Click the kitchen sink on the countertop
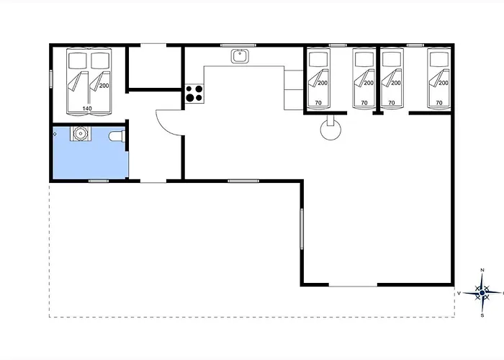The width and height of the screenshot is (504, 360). pyautogui.click(x=240, y=56)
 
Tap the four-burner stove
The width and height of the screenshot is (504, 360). pyautogui.click(x=194, y=94)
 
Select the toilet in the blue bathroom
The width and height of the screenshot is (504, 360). pyautogui.click(x=117, y=136)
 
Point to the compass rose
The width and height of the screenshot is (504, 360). pyautogui.click(x=482, y=293)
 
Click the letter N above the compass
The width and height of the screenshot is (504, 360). pyautogui.click(x=482, y=270)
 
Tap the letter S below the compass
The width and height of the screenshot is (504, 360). pyautogui.click(x=482, y=315)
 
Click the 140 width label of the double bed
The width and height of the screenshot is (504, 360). pyautogui.click(x=87, y=109)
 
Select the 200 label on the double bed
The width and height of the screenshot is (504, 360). pyautogui.click(x=104, y=86)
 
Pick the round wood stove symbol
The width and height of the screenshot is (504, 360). pyautogui.click(x=330, y=129)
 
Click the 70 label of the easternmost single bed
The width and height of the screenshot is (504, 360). pyautogui.click(x=439, y=103)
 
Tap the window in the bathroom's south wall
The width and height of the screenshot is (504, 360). pyautogui.click(x=99, y=181)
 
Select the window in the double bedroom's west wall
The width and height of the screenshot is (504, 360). pyautogui.click(x=51, y=78)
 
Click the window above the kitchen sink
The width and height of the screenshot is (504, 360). pyautogui.click(x=238, y=45)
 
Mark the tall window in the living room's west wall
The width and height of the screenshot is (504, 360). pyautogui.click(x=302, y=228)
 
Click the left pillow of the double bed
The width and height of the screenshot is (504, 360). pyautogui.click(x=78, y=60)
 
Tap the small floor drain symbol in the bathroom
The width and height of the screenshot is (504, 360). pyautogui.click(x=55, y=134)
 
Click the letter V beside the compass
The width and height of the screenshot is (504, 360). pyautogui.click(x=459, y=293)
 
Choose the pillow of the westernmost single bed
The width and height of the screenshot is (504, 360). pyautogui.click(x=318, y=60)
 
